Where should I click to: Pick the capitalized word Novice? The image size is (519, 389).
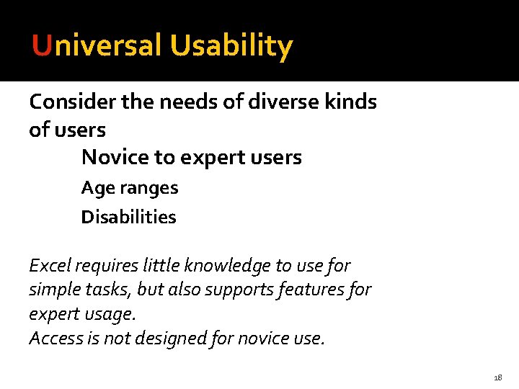(x=110, y=157)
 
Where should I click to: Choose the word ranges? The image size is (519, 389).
(x=149, y=189)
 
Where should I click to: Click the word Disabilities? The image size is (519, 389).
(x=128, y=217)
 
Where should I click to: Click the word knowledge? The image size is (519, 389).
(x=226, y=266)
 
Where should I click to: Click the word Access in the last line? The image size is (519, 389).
(x=53, y=339)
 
